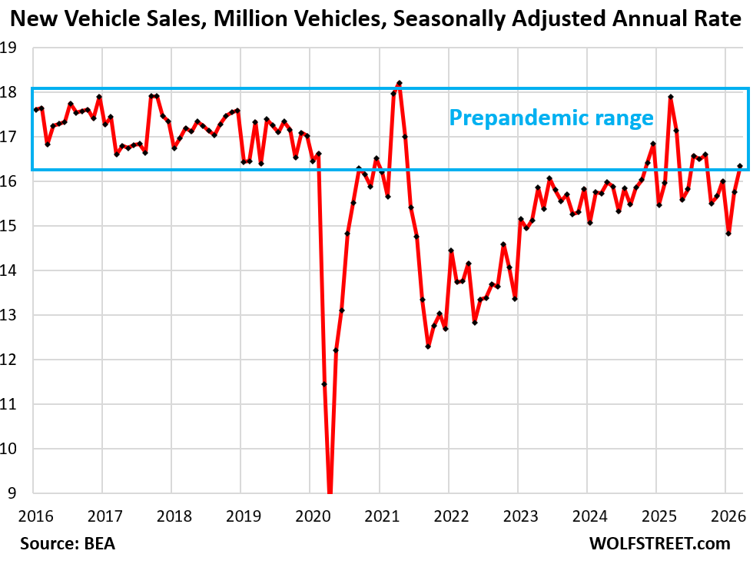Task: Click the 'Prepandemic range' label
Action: point(551,118)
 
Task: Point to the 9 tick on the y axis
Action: point(15,493)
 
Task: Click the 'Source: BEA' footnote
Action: point(68,543)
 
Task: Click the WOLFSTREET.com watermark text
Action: point(659,543)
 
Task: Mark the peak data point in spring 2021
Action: point(400,83)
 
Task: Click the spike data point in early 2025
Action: point(671,98)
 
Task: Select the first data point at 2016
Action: point(35,110)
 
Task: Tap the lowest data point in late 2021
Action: point(428,347)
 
